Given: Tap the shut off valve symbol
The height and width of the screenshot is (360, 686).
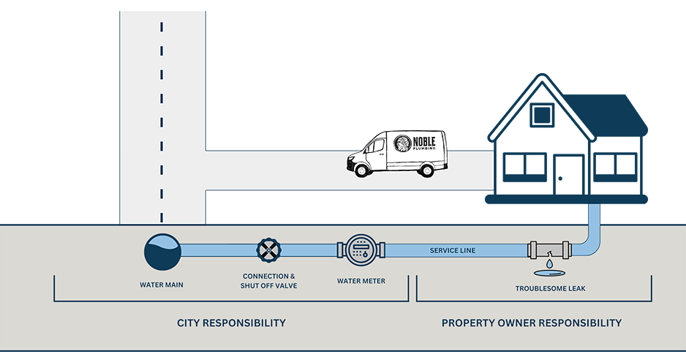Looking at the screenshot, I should point(269,250).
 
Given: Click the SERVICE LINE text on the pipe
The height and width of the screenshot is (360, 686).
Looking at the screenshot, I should point(452,251).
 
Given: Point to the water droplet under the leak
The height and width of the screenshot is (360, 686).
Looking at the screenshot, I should point(548,262).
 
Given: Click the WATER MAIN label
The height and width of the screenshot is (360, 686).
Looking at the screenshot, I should point(162,285).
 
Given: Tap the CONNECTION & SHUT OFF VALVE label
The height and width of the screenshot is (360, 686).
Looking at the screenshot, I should point(268,280).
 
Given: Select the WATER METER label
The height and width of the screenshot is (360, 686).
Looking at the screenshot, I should point(361,281).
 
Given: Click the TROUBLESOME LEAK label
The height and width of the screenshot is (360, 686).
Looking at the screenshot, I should point(550,288).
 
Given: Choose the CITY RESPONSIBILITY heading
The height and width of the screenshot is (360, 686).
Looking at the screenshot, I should point(231,323).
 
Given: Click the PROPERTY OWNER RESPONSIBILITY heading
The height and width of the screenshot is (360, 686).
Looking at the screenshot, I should point(532,323).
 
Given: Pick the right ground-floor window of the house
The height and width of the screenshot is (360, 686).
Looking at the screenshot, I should point(614,167).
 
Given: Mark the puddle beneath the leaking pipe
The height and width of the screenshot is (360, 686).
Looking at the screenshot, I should point(549,274).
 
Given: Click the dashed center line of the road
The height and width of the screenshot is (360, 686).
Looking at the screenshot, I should point(162,110).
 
